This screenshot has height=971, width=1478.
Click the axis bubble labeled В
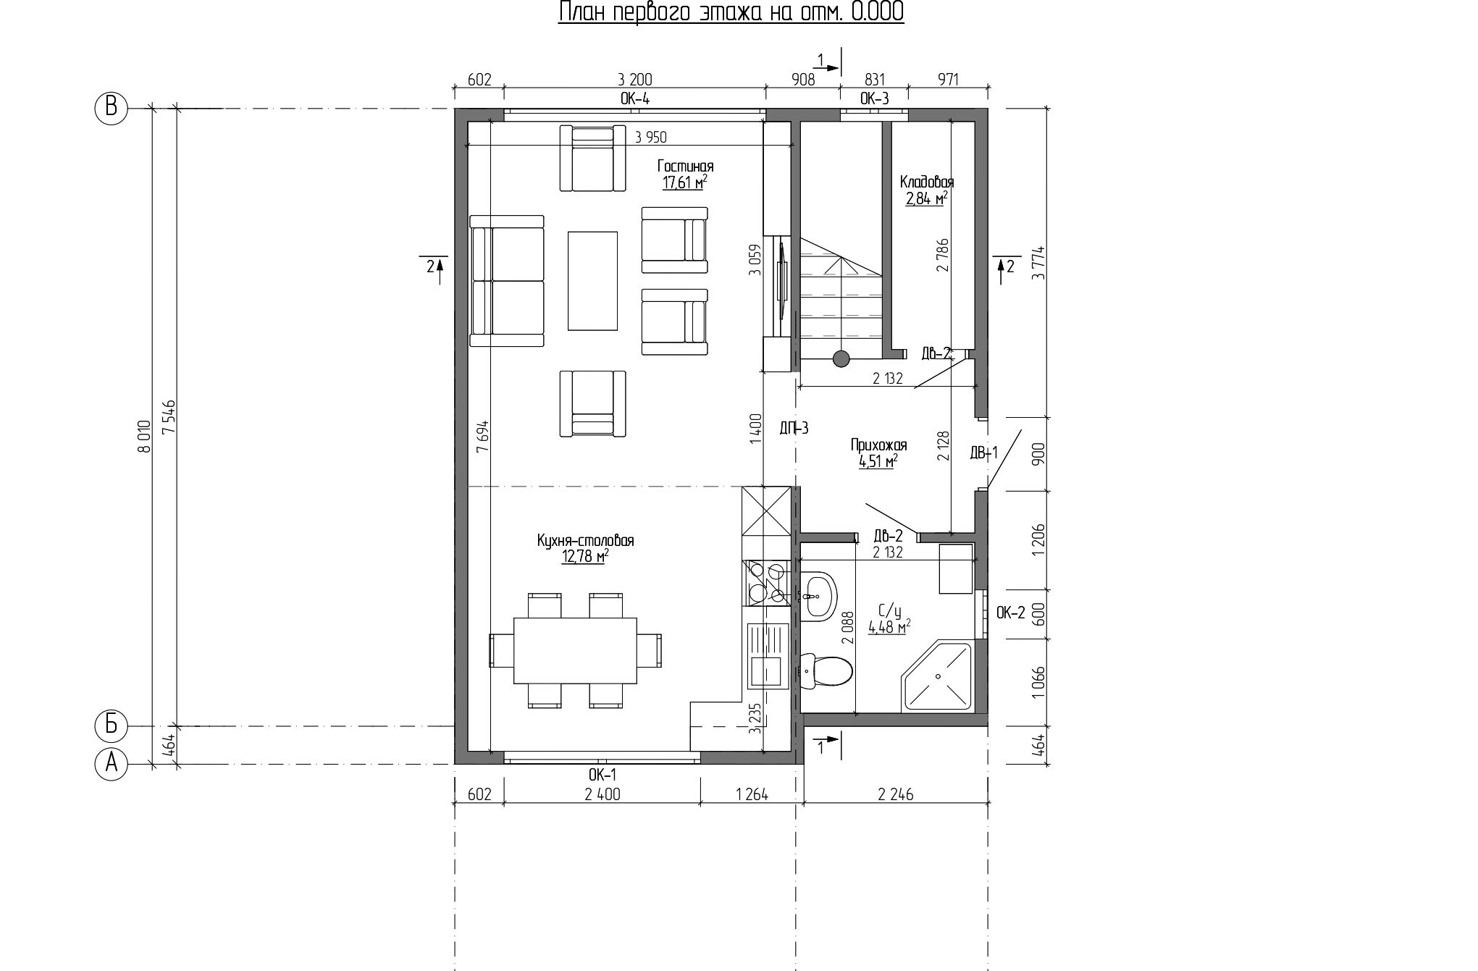click(112, 108)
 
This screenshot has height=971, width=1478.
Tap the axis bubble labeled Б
click(112, 725)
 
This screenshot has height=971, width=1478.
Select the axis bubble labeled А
click(112, 764)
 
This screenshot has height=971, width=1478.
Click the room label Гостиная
click(685, 167)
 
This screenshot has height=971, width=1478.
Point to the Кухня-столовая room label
click(585, 541)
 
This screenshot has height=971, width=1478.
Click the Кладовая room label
click(927, 182)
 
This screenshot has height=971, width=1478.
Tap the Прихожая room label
click(878, 445)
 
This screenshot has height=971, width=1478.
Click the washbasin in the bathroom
click(818, 595)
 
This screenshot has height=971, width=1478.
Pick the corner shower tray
click(936, 676)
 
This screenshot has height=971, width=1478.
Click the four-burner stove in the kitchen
click(766, 583)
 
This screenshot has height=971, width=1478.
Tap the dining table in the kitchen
click(575, 650)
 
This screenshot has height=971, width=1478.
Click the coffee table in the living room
click(592, 280)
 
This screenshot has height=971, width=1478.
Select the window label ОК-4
click(634, 98)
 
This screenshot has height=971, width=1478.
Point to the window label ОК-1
click(602, 775)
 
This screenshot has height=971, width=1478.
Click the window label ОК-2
click(1011, 613)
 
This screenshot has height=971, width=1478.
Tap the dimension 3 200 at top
click(634, 79)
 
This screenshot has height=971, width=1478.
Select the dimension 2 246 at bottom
click(896, 794)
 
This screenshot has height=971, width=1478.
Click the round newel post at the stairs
click(841, 358)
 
